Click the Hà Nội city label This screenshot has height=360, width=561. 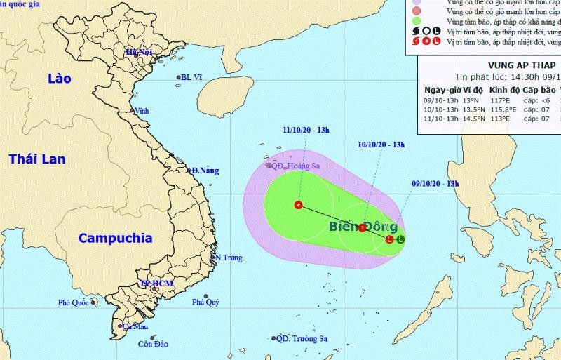[139, 53]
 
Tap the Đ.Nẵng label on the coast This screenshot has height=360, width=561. [205, 171]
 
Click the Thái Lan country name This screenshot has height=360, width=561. [37, 159]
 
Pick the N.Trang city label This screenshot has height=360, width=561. [228, 258]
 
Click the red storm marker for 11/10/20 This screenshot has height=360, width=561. [298, 206]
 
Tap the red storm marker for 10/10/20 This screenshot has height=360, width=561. [362, 227]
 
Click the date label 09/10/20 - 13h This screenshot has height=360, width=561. [435, 184]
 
